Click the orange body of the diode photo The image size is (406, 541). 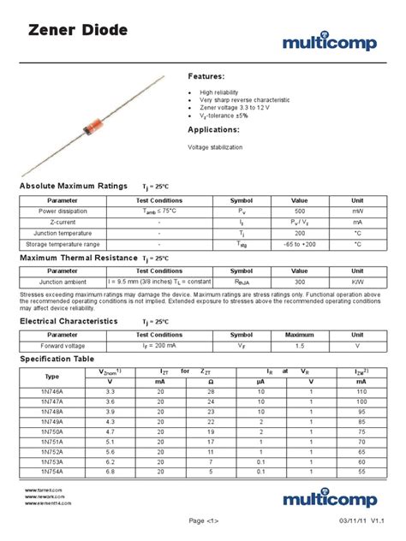click(x=88, y=128)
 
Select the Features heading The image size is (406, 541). click(x=212, y=76)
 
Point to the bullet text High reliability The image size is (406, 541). click(x=224, y=91)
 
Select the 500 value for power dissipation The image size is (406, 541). click(x=299, y=210)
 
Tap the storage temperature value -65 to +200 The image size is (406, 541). click(x=299, y=243)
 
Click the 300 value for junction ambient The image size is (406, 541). click(x=299, y=281)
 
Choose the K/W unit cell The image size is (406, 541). click(x=357, y=281)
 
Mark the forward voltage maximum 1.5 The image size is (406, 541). click(x=299, y=346)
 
